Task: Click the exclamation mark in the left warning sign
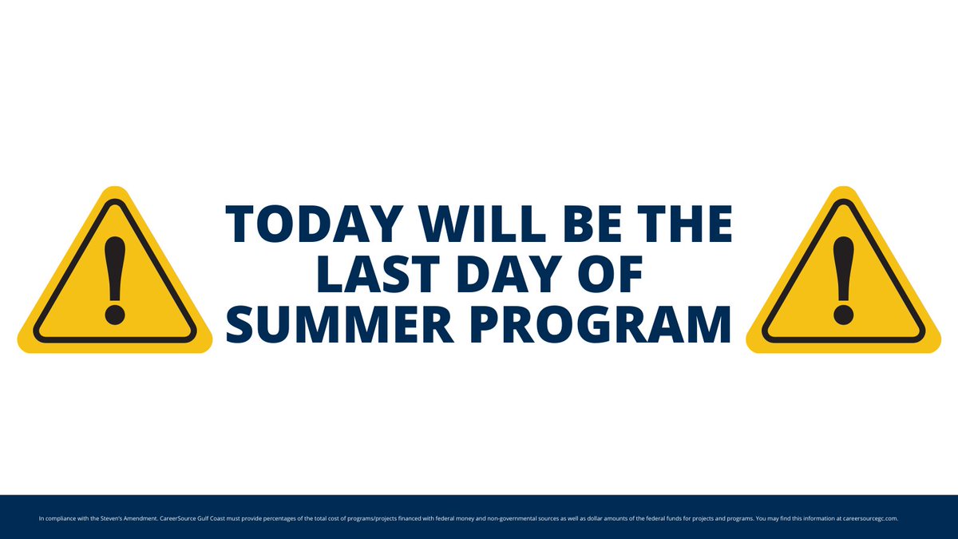pos(115,279)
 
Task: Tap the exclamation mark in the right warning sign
pos(843,279)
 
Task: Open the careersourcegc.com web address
pos(873,519)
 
